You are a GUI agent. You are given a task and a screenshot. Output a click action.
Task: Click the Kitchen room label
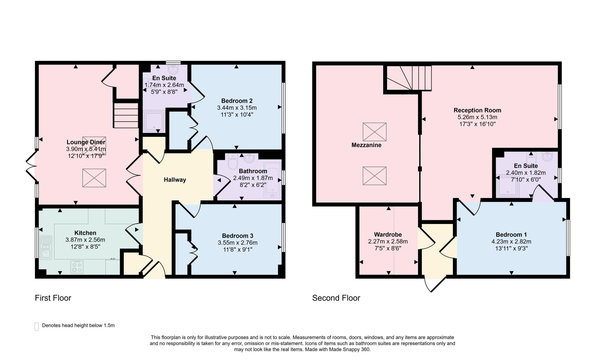(85, 233)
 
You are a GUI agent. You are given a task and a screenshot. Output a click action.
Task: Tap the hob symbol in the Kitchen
(77, 267)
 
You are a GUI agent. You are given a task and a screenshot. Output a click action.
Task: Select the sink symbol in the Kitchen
(46, 248)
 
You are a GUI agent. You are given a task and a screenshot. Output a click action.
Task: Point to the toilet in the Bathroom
(233, 162)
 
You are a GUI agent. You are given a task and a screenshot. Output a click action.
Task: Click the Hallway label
(175, 180)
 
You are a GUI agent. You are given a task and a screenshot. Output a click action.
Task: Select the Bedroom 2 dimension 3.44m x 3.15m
(237, 108)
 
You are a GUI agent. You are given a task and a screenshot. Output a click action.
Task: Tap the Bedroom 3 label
(238, 236)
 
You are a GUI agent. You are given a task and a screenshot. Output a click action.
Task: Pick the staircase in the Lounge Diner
(126, 115)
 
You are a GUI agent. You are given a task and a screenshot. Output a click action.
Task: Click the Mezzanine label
(366, 145)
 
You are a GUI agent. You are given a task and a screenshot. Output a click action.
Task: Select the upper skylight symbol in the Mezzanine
(374, 132)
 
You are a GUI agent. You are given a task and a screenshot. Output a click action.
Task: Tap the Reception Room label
(477, 110)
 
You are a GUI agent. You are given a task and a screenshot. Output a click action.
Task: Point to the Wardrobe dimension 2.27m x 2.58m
(388, 241)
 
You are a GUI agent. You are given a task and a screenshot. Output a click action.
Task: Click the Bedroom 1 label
(511, 235)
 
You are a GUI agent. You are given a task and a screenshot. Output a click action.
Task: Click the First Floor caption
(53, 298)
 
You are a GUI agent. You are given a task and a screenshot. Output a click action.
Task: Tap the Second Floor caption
(336, 298)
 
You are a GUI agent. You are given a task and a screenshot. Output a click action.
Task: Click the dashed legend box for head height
(37, 326)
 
